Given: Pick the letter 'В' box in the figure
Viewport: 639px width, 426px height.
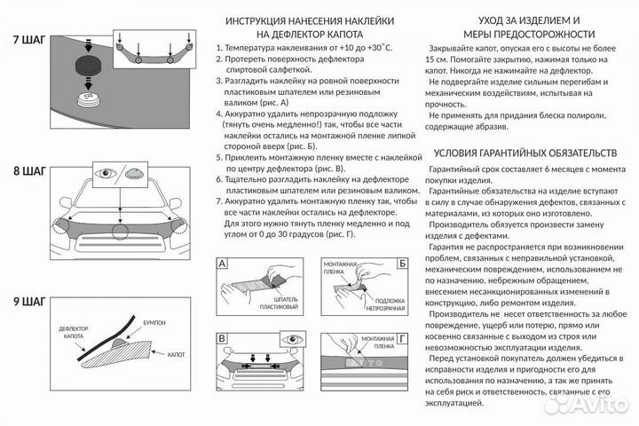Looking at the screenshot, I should [223, 339].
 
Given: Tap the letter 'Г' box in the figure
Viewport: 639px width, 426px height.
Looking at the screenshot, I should [401, 339].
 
